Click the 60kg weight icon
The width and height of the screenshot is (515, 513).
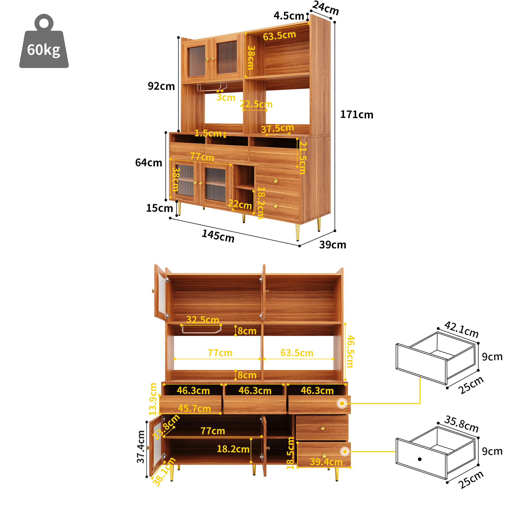[x=44, y=41]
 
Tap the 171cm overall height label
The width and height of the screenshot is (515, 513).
[x=356, y=114]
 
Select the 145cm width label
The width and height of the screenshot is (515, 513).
[x=218, y=236]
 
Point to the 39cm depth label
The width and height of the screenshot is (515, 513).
[x=332, y=244]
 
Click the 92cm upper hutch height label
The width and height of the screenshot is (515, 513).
[x=161, y=86]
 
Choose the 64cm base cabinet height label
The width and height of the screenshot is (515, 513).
[x=148, y=163]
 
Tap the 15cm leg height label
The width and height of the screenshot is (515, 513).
[x=160, y=208]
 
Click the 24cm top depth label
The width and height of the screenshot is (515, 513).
[x=325, y=8]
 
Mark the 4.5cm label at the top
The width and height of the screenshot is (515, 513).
[x=289, y=16]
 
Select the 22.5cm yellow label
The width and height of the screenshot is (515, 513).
[x=256, y=104]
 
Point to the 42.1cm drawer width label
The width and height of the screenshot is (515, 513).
[x=461, y=329]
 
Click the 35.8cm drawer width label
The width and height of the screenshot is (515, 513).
[x=461, y=424]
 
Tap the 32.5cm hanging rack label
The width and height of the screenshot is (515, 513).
[x=203, y=319]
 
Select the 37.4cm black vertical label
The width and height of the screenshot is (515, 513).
[x=140, y=447]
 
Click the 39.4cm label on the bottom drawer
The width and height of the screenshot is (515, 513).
[x=326, y=462]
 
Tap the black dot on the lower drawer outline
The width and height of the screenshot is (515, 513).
[x=419, y=459]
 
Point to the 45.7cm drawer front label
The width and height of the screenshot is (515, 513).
[x=194, y=408]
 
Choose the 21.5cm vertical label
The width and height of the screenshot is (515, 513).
[x=303, y=157]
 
